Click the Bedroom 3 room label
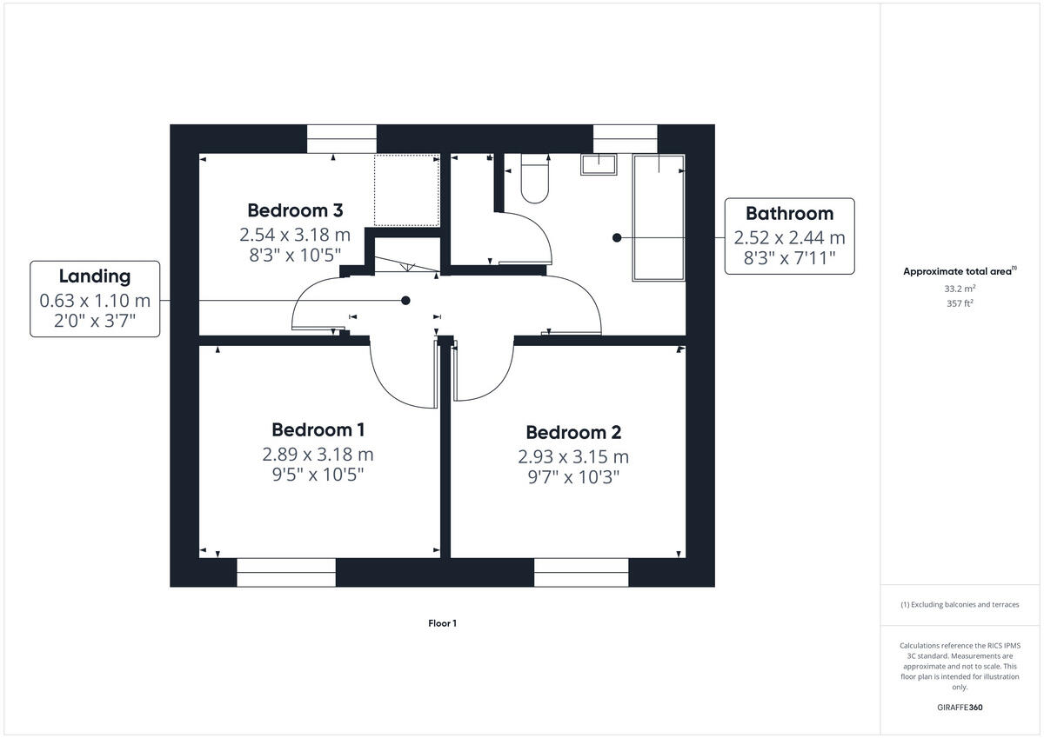(295, 210)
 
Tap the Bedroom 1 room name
(318, 429)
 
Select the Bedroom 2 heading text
(573, 433)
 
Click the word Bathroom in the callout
(789, 214)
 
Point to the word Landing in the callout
(95, 276)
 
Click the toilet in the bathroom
(533, 180)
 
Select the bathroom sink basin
(599, 165)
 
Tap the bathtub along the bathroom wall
(659, 217)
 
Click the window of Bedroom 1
(286, 572)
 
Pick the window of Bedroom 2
(581, 572)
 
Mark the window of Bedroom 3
(342, 139)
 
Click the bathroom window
(625, 139)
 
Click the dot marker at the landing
(405, 301)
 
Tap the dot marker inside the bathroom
(617, 237)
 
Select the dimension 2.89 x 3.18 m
(318, 454)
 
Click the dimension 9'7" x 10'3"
(573, 477)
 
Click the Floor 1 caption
(442, 623)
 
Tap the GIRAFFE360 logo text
(960, 708)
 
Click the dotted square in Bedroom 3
(406, 190)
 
